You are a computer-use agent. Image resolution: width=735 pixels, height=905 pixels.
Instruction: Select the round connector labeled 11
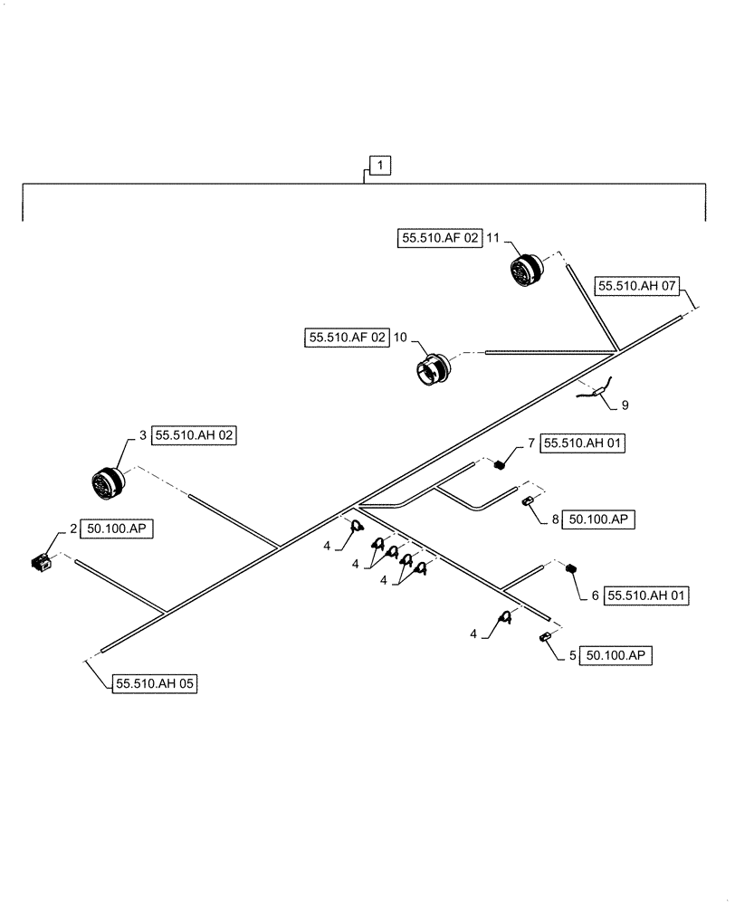click(x=525, y=270)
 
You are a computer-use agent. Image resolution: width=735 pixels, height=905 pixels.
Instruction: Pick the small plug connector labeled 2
click(x=40, y=563)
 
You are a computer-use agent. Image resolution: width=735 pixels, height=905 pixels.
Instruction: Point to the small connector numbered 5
click(x=547, y=639)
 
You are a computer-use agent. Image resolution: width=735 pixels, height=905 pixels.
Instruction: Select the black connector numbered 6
click(x=571, y=569)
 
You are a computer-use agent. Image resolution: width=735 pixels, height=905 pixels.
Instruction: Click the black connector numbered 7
click(x=499, y=465)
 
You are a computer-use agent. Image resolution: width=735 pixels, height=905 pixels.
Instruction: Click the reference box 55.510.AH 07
click(x=637, y=287)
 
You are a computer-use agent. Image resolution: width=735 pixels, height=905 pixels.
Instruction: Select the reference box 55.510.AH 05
click(x=155, y=684)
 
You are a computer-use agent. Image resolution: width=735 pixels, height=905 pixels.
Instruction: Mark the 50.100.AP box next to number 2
click(x=118, y=529)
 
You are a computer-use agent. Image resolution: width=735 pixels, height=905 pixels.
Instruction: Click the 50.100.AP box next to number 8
click(x=598, y=519)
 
